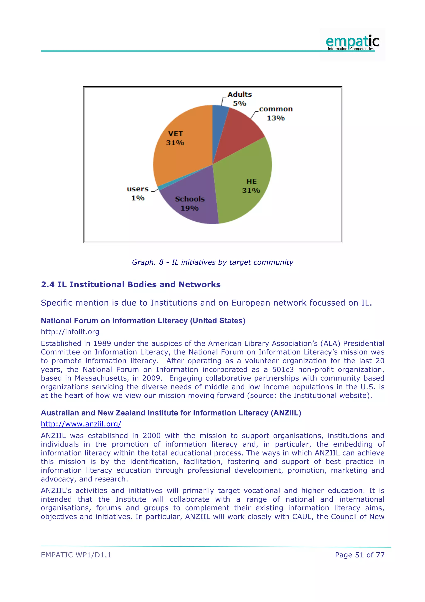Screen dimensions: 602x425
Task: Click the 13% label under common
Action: click(x=276, y=118)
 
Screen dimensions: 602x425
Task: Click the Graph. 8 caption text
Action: click(x=212, y=262)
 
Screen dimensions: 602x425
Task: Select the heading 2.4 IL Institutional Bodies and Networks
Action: click(x=131, y=285)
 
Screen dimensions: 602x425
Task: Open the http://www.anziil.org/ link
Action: click(x=81, y=424)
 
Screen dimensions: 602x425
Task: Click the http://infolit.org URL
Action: click(x=70, y=332)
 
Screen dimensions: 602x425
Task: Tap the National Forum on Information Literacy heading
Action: click(x=143, y=321)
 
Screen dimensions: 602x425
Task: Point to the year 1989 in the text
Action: click(x=102, y=343)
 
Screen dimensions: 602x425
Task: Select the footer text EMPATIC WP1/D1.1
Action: click(x=76, y=555)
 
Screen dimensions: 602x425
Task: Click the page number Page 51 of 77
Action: click(x=360, y=555)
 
